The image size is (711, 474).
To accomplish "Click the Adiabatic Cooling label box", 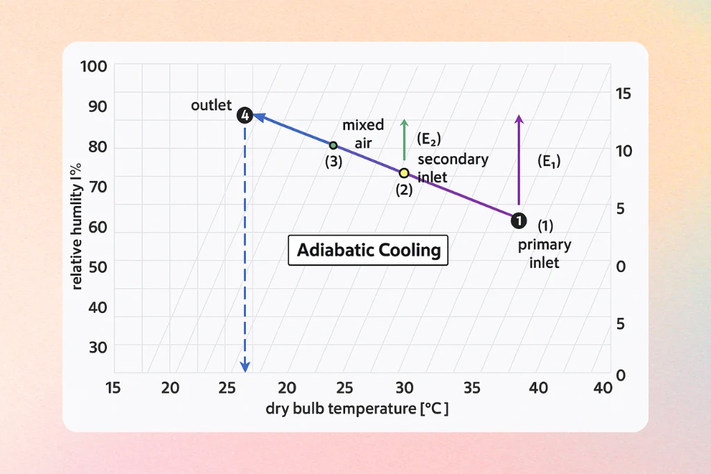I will coord(369,250).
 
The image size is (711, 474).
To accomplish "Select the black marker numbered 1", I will coord(518,221).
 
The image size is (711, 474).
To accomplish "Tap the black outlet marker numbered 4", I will coord(244,115).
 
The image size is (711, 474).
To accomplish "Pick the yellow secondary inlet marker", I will coord(404,173).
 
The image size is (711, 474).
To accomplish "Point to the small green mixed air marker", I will coord(333,145).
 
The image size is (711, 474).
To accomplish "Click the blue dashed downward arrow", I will coord(244,243).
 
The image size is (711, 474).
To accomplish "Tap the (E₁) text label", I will coord(549,161).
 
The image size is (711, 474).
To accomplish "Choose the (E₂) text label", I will coord(429,139).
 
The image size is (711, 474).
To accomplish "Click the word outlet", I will coord(211,105).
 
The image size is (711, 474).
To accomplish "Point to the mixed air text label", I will coord(363,133).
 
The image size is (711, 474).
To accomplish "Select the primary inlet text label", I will coord(544,253).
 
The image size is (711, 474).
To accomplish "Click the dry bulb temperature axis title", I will coord(357,409).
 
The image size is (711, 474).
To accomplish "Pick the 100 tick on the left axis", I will coord(93,67).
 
